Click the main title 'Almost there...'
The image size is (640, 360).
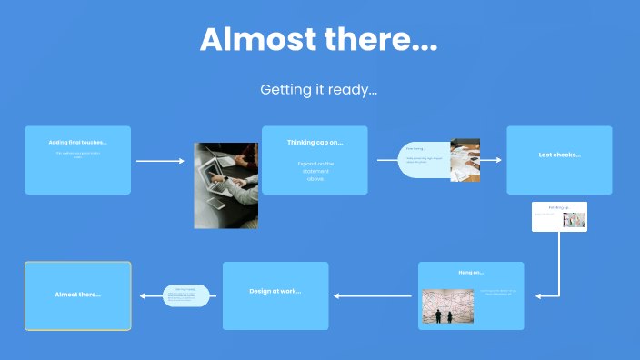click(x=318, y=40)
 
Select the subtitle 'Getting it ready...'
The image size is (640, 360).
click(x=318, y=89)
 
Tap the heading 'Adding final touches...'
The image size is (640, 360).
click(x=77, y=143)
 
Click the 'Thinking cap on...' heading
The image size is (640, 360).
click(x=315, y=143)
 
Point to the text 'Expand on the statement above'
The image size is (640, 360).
click(x=315, y=171)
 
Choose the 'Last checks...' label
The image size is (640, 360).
click(x=559, y=155)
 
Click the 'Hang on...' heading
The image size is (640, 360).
click(x=471, y=272)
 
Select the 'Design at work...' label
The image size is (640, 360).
click(x=275, y=291)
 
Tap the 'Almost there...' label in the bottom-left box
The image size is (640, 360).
click(x=77, y=295)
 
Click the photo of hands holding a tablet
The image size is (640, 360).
click(x=225, y=185)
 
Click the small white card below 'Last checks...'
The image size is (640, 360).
click(x=559, y=216)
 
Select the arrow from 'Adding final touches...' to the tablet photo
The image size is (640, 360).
click(x=160, y=161)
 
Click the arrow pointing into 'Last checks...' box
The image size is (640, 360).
click(x=491, y=160)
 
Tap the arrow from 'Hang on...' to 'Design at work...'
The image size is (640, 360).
click(x=373, y=295)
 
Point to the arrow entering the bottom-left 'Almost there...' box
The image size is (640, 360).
click(x=151, y=295)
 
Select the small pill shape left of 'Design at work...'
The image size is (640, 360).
click(x=186, y=295)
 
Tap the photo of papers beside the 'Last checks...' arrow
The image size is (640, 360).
click(x=465, y=160)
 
